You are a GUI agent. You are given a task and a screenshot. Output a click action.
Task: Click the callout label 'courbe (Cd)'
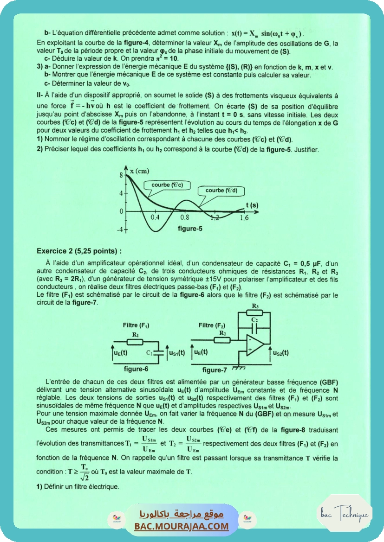click(221, 190)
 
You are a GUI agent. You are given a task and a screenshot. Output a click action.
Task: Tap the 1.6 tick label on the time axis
click(243, 217)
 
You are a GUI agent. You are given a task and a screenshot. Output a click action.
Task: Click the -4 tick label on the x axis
click(120, 230)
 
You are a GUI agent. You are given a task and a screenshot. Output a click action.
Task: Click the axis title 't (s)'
click(252, 204)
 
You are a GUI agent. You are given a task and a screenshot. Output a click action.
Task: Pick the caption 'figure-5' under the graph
click(190, 228)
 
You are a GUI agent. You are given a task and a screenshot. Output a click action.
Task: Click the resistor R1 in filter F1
click(135, 341)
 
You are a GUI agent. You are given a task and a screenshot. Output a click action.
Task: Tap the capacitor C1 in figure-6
click(159, 352)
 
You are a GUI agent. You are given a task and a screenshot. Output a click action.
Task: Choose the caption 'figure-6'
click(136, 369)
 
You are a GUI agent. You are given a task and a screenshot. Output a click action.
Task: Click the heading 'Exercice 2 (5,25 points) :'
click(79, 251)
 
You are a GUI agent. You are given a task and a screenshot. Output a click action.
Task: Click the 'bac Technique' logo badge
click(345, 514)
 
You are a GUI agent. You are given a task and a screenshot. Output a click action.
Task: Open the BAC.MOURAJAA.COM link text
click(182, 526)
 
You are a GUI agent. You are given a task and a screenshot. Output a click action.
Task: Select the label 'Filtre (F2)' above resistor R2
click(212, 325)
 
